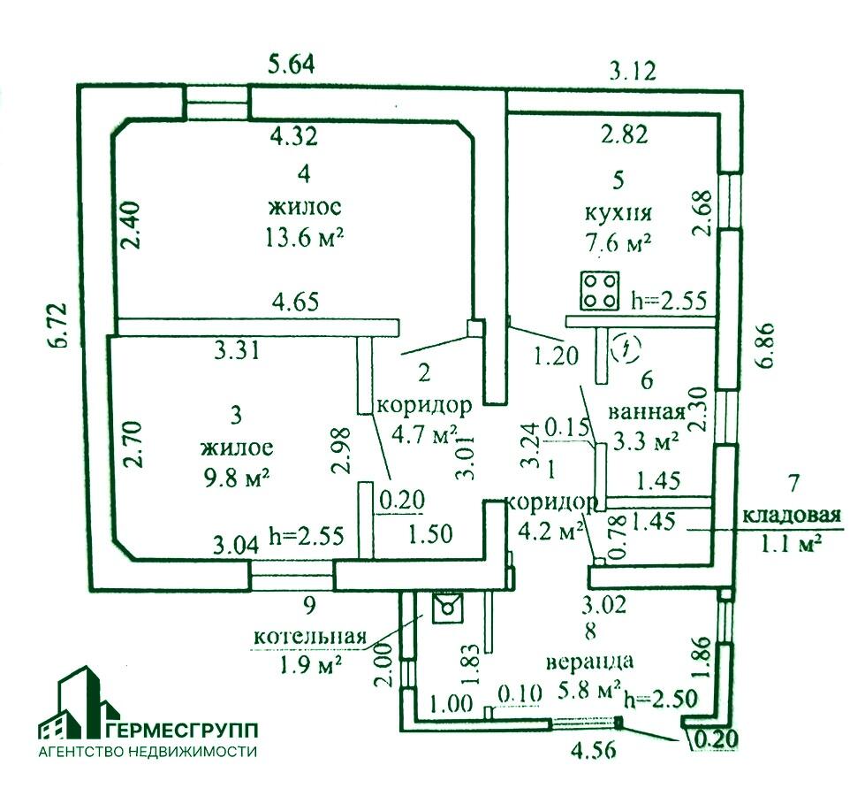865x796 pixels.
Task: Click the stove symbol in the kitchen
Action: pos(600,291)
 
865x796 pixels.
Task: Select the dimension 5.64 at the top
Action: pos(292,64)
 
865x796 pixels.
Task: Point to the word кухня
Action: pos(618,212)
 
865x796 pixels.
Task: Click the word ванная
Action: pos(648,411)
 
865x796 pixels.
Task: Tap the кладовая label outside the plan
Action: pos(789,517)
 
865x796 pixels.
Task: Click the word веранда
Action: pos(589,660)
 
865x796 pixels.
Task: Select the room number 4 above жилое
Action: pos(304,173)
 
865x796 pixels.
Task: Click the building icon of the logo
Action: pos(78,705)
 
